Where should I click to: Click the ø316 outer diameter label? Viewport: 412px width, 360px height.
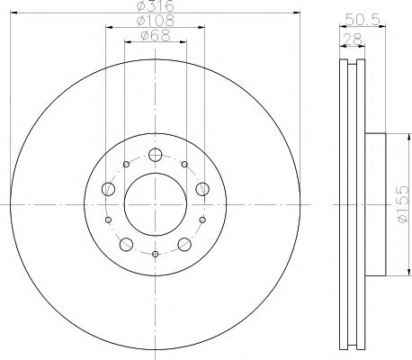coord(154,6)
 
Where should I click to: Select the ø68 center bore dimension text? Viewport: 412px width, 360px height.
coord(155,36)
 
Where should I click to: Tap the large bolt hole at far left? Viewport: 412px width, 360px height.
coord(108,188)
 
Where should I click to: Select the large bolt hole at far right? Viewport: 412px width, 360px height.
coord(202,188)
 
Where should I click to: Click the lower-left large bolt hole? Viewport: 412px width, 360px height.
coord(126,244)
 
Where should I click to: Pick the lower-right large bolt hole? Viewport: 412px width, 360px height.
coord(184,244)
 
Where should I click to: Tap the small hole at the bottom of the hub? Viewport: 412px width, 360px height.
coord(155,255)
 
